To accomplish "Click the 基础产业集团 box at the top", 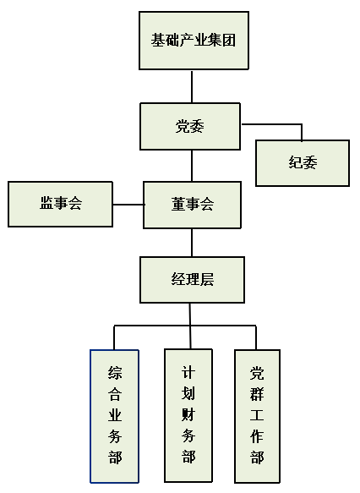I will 194,40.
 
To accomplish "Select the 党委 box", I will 191,127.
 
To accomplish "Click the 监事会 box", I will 60,203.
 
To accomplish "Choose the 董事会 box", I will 192,204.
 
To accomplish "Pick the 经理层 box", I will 192,279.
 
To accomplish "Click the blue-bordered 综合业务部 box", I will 115,415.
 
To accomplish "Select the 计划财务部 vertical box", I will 188,415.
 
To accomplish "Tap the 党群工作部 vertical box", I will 257,415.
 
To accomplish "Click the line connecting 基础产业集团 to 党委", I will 192,86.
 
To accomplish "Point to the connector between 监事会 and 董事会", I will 128,204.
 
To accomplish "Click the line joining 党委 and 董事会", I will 192,166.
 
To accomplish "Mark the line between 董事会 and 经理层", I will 192,242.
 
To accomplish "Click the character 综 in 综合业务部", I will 115,372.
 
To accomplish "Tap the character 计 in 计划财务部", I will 188,371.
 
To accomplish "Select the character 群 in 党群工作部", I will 257,393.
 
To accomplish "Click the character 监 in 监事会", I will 46,203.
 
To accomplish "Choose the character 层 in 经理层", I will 207,279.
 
